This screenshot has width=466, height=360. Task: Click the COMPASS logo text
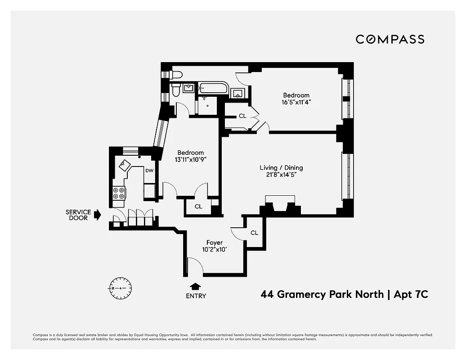[x=390, y=40]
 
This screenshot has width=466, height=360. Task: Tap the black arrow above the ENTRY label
[x=196, y=286]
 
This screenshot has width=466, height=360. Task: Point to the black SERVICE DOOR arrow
[x=97, y=216]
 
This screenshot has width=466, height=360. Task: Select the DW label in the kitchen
[x=149, y=171]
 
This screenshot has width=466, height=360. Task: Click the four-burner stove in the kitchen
[x=119, y=193]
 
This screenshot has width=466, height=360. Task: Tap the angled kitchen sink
[x=125, y=165]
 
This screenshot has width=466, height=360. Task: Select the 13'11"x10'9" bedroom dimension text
[x=190, y=159]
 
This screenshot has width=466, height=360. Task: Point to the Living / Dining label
[x=281, y=167]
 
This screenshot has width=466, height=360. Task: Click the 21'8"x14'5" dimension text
[x=281, y=175]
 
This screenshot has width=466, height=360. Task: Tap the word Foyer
[x=215, y=243]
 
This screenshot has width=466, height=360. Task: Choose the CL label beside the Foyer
[x=254, y=233]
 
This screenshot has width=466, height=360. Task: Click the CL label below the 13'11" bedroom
[x=198, y=207]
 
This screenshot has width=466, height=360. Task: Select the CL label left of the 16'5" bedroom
[x=242, y=116]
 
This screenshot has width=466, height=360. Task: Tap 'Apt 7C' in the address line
[x=411, y=295]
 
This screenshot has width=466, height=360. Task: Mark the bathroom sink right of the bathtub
[x=237, y=94]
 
